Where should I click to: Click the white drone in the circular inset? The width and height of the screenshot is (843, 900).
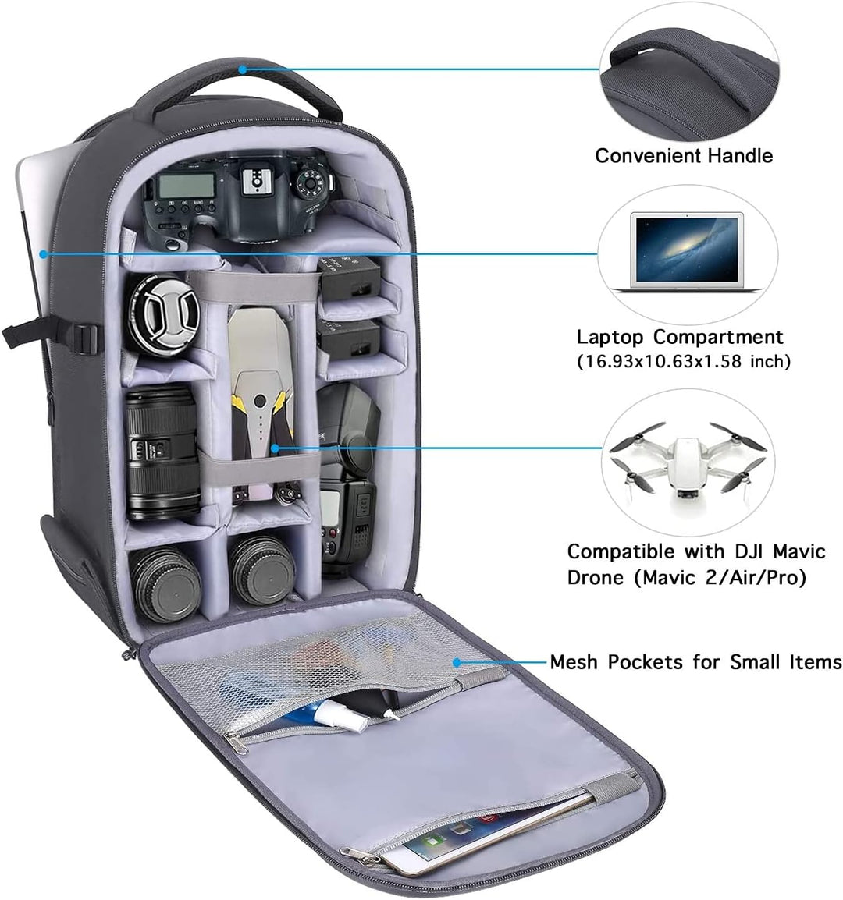point(687,460)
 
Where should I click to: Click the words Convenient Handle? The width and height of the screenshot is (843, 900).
point(684,155)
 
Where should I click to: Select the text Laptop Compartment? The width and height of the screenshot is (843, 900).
point(680,337)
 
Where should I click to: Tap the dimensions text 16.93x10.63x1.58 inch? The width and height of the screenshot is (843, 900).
point(684,362)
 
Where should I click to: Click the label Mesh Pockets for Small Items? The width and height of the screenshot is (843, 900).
point(696,662)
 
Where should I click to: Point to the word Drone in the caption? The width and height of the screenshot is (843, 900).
point(596,577)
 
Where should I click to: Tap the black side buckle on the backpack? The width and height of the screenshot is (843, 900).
point(84,338)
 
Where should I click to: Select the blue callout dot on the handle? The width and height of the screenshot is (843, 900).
point(243,69)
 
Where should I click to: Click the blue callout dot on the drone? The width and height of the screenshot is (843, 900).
point(276,448)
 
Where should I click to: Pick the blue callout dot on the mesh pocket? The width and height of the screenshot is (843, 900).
point(457,662)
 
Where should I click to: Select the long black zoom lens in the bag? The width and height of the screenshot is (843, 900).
point(162,452)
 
